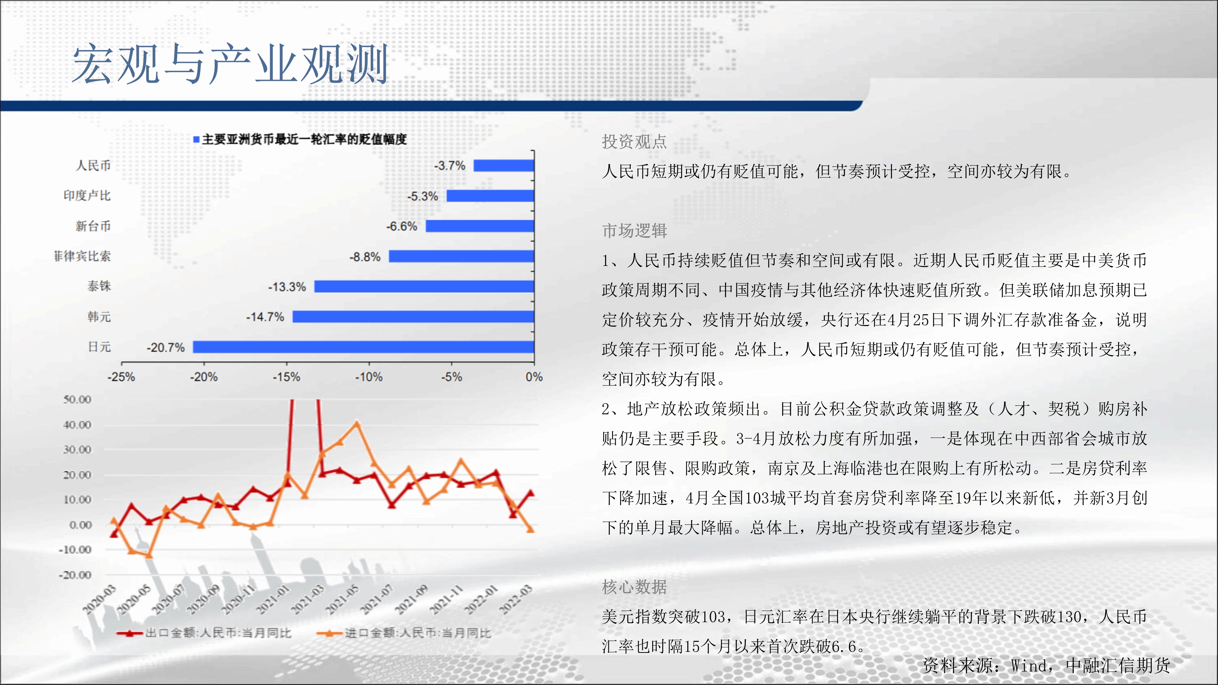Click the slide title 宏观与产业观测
[230, 64]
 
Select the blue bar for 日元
[363, 347]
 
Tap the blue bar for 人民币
[504, 165]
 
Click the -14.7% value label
[265, 317]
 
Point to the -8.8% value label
[364, 257]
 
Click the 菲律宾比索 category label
[82, 256]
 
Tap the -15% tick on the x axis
[286, 377]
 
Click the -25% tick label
[121, 377]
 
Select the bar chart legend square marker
[196, 139]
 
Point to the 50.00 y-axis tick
[77, 399]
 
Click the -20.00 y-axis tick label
[75, 575]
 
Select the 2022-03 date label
[516, 599]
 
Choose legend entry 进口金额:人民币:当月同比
[404, 633]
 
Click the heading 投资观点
[634, 141]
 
